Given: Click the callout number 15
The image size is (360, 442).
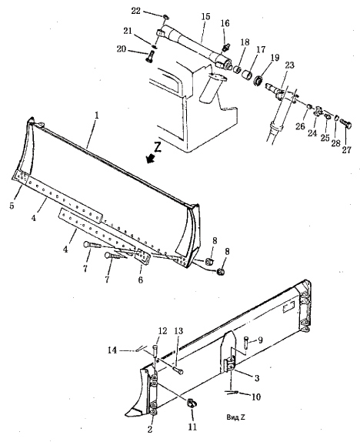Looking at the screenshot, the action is click(205, 16).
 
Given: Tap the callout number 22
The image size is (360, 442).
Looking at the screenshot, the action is click(135, 11).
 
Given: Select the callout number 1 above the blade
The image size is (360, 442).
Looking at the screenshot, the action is click(97, 116).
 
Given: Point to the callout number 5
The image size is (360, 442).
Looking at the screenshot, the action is click(12, 206).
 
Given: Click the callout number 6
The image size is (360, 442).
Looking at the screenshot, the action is click(140, 280).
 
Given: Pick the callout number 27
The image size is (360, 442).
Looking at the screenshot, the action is click(346, 149).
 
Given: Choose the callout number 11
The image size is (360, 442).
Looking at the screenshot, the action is click(192, 427).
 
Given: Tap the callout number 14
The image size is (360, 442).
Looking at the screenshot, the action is click(112, 350).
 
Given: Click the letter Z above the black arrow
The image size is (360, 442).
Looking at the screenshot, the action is click(158, 147).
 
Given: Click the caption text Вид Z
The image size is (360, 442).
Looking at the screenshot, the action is click(235, 417).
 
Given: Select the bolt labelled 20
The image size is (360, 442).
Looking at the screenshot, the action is click(149, 57).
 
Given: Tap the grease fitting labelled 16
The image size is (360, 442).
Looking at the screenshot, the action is click(225, 46).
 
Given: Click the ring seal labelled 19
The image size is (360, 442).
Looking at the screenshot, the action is click(258, 81).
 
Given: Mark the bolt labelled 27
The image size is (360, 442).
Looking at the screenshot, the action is click(346, 123).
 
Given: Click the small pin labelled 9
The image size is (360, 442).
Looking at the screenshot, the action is click(246, 342).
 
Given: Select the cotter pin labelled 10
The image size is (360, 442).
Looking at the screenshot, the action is click(232, 392).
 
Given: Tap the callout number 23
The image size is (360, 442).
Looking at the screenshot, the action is click(289, 65).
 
